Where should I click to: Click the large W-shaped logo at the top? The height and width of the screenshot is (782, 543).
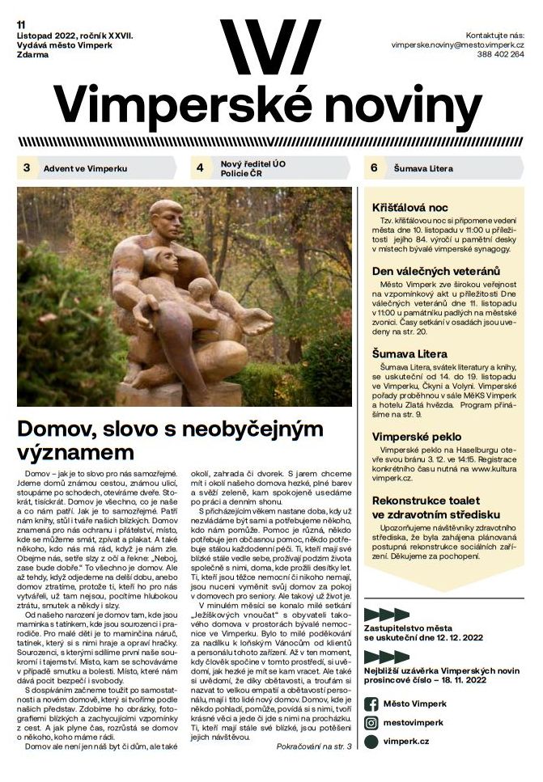tap(270, 47)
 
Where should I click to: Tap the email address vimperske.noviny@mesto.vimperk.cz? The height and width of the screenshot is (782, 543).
tap(457, 44)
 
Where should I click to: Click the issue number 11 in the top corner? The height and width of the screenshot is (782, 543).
tap(22, 24)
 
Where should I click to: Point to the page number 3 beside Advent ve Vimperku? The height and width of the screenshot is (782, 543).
tap(27, 168)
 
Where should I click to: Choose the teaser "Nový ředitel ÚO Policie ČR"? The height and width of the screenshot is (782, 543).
tap(252, 168)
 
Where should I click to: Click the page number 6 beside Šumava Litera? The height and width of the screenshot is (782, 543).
tap(374, 168)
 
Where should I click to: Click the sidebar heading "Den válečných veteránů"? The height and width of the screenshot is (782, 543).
tap(435, 270)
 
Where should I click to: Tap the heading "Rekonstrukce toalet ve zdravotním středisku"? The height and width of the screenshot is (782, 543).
tap(435, 507)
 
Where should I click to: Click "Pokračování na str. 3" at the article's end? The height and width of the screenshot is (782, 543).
tap(313, 745)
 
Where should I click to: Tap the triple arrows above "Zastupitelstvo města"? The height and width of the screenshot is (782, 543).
tap(386, 614)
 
